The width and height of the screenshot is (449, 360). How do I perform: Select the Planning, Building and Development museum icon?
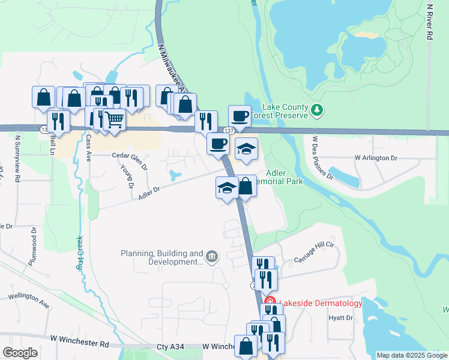point(211,257)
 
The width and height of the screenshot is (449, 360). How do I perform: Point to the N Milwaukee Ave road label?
point(172,66)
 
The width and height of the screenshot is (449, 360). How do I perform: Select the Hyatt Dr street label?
point(340,318)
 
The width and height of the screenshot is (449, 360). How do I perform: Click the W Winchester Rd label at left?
point(80,345)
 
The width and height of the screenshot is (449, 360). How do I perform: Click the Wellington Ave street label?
point(29,298)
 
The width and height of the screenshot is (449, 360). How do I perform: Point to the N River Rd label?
point(429,21)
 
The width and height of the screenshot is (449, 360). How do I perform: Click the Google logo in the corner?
point(20,353)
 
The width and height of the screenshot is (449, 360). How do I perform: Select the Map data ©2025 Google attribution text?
point(411,355)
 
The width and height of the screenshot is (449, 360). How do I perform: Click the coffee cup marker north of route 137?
point(240,115)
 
